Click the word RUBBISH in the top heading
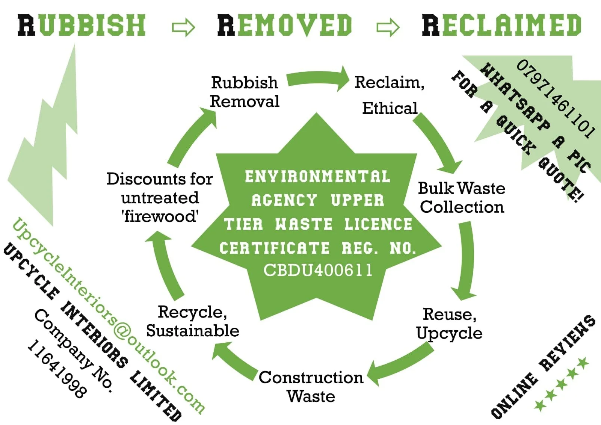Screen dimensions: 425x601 click(82, 25)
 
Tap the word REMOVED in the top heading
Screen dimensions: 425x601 click(285, 25)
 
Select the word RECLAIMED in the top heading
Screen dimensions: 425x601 click(502, 25)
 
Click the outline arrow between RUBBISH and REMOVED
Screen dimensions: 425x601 click(183, 27)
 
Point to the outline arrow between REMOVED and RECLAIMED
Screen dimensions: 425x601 click(388, 27)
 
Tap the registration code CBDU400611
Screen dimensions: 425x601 click(318, 270)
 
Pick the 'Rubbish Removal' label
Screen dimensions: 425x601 click(245, 92)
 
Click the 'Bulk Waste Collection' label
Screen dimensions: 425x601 click(462, 198)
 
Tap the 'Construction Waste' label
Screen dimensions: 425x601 click(311, 387)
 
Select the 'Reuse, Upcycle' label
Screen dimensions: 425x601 click(449, 324)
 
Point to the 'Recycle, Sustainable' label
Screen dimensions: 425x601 click(192, 321)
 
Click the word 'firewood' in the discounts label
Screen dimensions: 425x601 click(160, 216)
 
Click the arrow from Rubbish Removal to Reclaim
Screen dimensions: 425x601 click(319, 78)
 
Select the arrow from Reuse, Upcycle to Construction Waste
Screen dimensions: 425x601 click(400, 364)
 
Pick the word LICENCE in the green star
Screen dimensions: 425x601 click(378, 224)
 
